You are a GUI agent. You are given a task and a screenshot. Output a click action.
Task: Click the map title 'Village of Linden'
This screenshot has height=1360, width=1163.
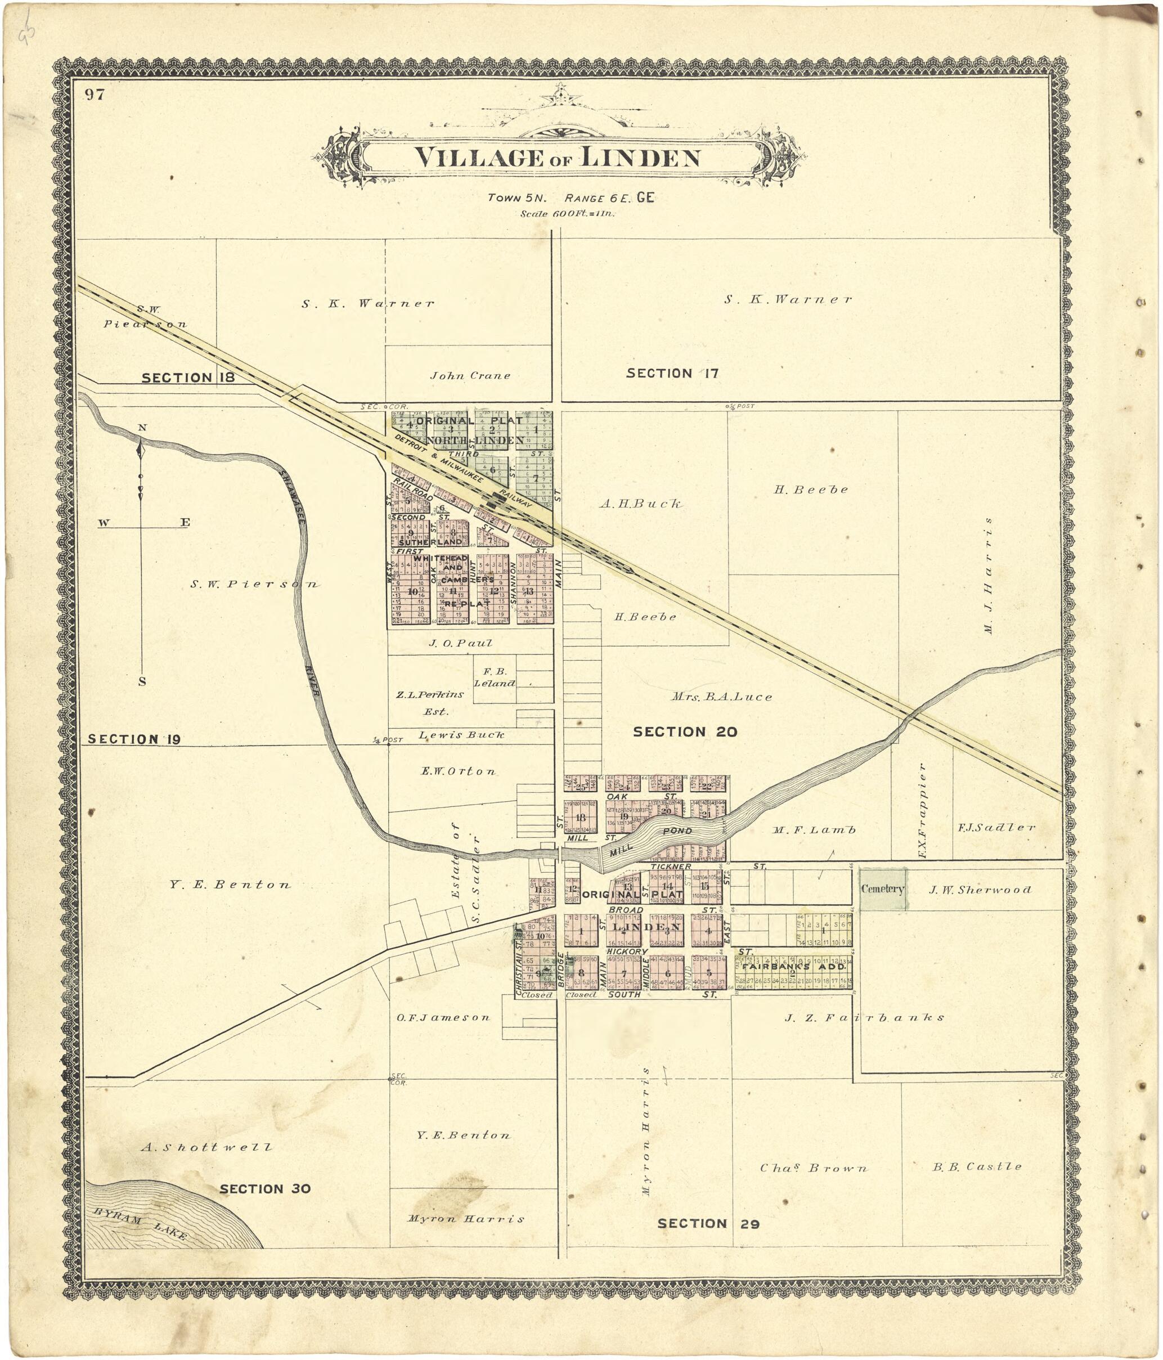[557, 158]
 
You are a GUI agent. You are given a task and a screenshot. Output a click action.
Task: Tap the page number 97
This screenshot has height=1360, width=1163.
[95, 95]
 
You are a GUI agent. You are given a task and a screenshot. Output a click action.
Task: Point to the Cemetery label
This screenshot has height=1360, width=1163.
[883, 888]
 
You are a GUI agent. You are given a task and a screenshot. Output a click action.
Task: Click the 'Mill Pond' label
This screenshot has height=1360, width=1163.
[650, 840]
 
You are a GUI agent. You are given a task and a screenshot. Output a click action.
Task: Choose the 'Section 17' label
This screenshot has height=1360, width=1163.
[672, 373]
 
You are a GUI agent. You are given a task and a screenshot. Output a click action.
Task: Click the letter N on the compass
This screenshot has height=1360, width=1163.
[142, 427]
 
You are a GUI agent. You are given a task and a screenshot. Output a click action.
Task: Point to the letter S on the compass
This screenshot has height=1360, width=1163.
[142, 681]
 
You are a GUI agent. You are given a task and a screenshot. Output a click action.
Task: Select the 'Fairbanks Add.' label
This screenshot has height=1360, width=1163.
[794, 967]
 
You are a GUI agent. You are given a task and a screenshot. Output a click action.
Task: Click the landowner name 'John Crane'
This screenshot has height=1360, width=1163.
[470, 375]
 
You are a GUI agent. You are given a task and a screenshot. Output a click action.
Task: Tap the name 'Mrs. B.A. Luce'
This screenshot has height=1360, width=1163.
[721, 697]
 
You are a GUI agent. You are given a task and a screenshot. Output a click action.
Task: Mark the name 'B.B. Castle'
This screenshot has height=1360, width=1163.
[977, 1166]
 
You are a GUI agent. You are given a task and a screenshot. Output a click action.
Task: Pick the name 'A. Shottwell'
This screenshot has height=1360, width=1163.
[206, 1147]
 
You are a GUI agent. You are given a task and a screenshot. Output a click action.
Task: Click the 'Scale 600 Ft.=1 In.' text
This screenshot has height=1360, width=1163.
[568, 213]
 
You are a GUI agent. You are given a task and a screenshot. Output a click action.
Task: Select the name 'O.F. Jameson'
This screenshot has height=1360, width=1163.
[443, 1017]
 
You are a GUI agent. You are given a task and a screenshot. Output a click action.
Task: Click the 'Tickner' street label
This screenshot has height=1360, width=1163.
[671, 867]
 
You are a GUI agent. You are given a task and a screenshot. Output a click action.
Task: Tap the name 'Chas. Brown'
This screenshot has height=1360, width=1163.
[813, 1168]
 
